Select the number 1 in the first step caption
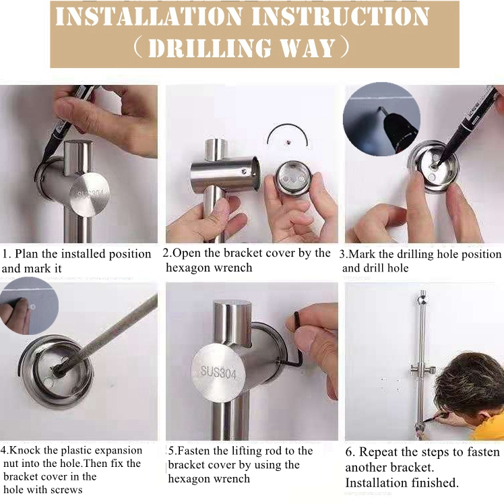coord(5,254)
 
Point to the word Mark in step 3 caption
coord(362,254)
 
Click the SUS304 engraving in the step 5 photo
coord(218,372)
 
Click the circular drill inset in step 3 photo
coord(381,119)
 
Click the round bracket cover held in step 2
coord(292,179)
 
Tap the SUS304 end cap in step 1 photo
coord(90,195)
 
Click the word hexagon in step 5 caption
coord(189,478)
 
